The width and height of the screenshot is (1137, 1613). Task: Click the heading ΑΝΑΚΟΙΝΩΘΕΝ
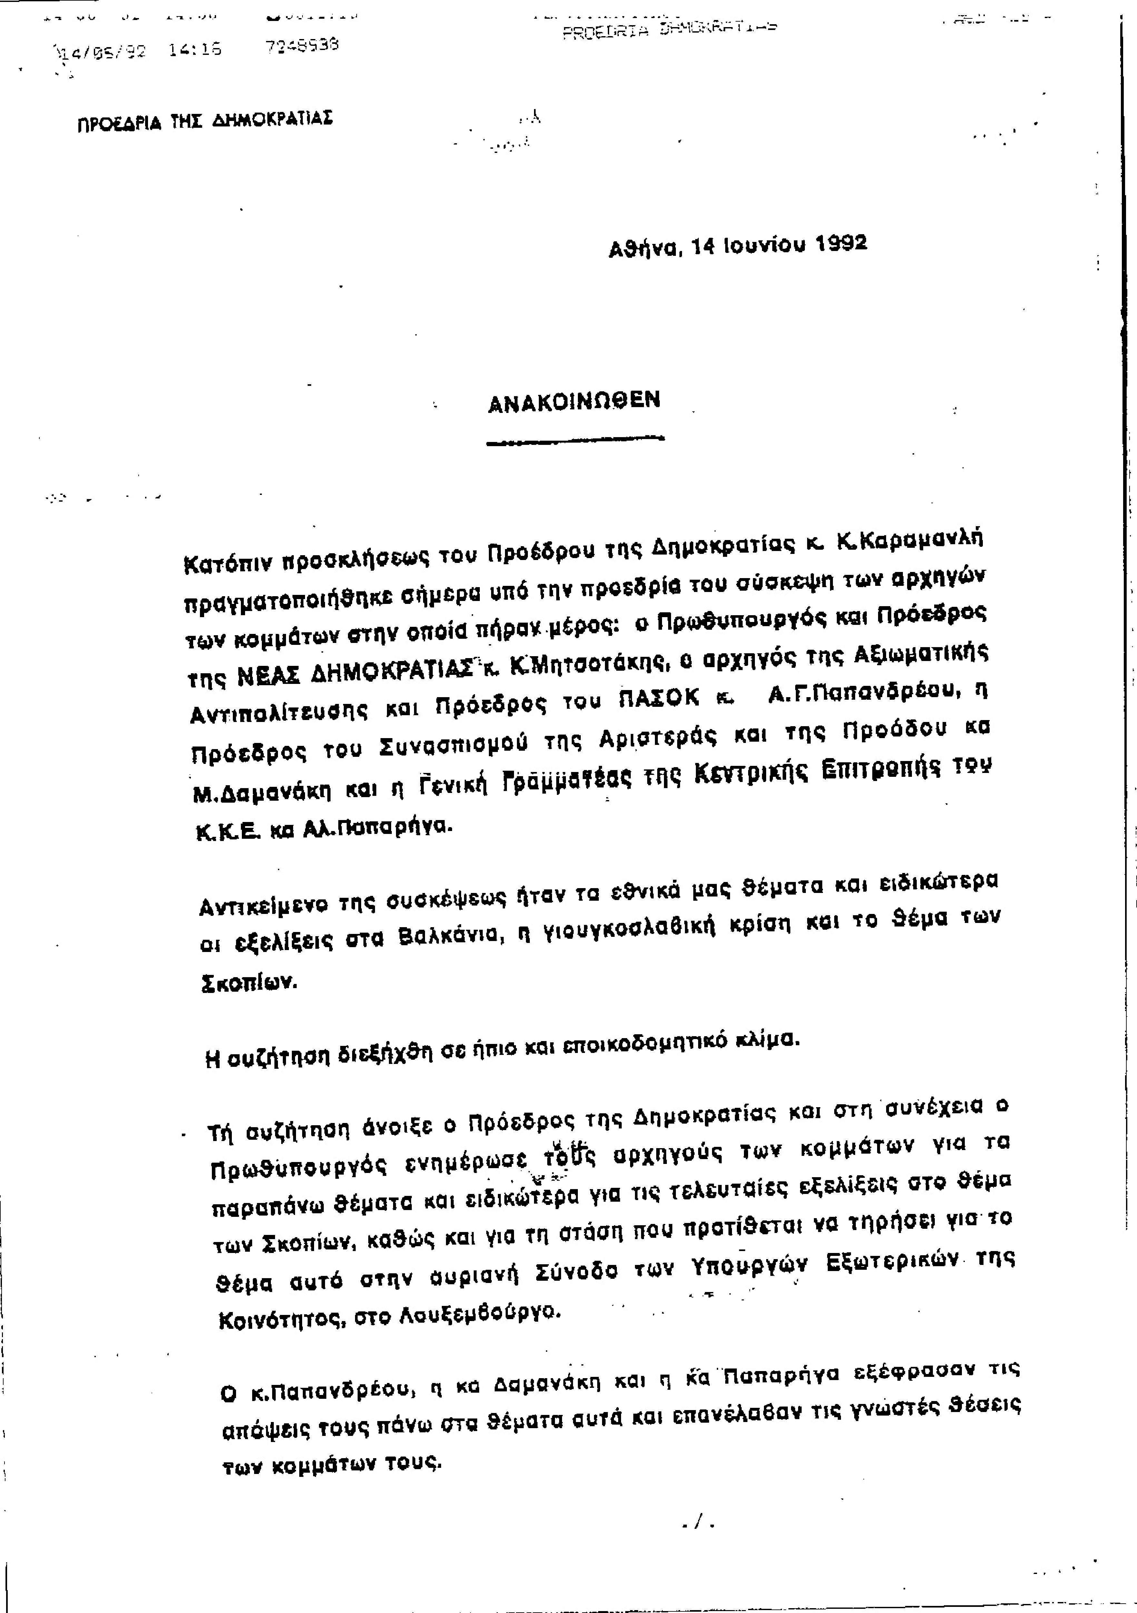click(574, 400)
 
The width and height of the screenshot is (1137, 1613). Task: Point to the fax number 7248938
click(302, 46)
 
